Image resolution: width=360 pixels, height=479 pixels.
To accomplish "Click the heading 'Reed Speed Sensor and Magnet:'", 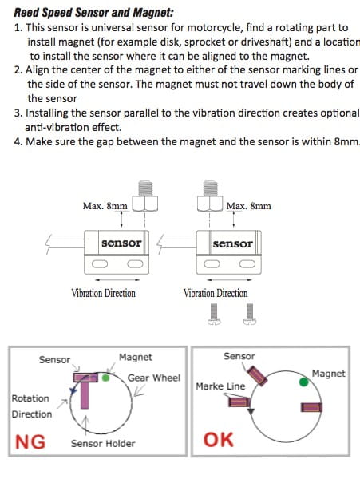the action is [93, 13].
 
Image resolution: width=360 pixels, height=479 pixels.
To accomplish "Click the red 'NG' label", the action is [30, 442].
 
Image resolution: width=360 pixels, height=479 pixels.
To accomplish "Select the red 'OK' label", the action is [219, 440].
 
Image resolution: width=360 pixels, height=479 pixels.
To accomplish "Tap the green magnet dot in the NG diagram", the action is [105, 378].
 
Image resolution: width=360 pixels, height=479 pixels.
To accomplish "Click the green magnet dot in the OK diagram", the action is [303, 382].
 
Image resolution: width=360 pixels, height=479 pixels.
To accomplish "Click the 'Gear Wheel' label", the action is [154, 378].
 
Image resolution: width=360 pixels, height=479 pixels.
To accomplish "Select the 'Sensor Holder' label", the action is [103, 444].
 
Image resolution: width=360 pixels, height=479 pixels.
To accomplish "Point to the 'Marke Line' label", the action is [220, 386].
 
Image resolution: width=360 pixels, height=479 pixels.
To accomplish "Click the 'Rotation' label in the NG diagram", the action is [30, 398].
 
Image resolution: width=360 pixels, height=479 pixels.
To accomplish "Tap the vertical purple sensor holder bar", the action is [85, 395].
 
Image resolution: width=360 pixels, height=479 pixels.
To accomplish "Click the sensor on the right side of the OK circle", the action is [311, 407].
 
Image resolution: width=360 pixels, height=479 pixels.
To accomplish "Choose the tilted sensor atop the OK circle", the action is [257, 376].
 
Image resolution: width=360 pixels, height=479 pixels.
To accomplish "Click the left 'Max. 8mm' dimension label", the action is [105, 206].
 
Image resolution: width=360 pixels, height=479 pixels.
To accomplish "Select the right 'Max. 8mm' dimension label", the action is [248, 206].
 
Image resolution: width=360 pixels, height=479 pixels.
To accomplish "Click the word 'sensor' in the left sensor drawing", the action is [121, 243].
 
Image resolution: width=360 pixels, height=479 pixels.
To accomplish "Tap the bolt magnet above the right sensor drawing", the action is [210, 196].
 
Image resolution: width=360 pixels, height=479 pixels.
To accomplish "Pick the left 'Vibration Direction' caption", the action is [104, 293].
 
